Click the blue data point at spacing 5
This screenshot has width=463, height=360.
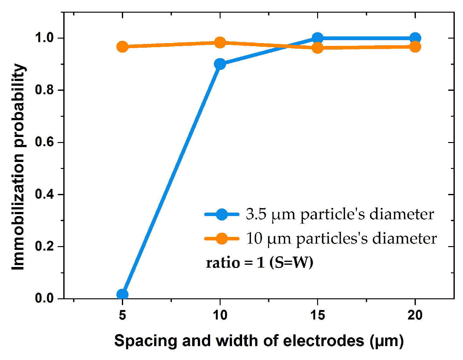click(x=122, y=295)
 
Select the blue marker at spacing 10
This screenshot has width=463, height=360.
click(x=220, y=64)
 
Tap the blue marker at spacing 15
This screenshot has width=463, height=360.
click(x=317, y=38)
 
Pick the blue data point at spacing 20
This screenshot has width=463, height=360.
click(x=415, y=38)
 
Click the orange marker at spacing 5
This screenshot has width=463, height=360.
click(x=122, y=47)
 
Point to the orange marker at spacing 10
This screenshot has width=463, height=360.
click(x=220, y=42)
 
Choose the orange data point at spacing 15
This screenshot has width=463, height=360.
click(x=317, y=48)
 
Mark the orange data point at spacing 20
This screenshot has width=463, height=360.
click(x=415, y=47)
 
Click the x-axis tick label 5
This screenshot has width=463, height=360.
click(x=122, y=315)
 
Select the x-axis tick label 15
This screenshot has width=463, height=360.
click(x=317, y=315)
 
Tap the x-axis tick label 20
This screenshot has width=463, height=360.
click(x=415, y=315)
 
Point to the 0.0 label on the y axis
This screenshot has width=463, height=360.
click(x=45, y=298)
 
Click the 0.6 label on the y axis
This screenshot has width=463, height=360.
click(x=45, y=142)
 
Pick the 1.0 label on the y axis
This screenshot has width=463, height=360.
click(x=45, y=38)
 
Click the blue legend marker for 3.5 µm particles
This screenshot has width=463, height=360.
click(x=222, y=214)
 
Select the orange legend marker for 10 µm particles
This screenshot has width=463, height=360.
click(x=222, y=239)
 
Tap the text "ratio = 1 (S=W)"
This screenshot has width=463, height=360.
click(x=260, y=263)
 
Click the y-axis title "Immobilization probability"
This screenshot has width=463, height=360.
click(x=18, y=167)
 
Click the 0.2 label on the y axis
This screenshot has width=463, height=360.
click(x=45, y=246)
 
